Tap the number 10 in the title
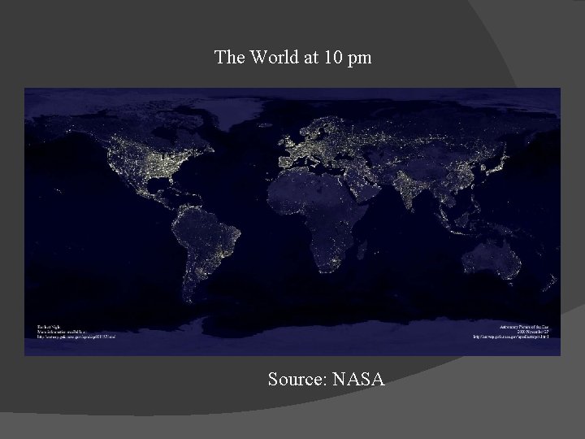coord(330,57)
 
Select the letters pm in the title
coord(358,59)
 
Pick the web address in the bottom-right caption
coord(512,337)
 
